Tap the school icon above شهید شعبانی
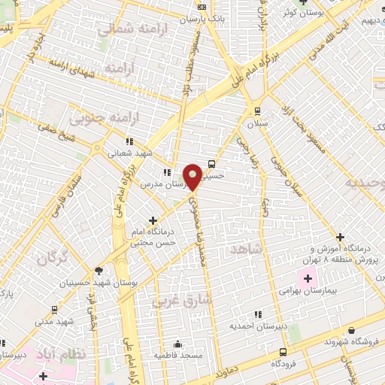pos(129,141)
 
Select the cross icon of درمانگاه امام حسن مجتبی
pos(153,220)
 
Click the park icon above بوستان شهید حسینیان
pos(99,271)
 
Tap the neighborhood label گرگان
pos(51,259)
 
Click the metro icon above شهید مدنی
pos(54,310)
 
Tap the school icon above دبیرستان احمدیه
pos(257,314)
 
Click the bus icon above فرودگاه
pos(283,352)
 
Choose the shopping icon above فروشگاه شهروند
pos(351,330)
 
